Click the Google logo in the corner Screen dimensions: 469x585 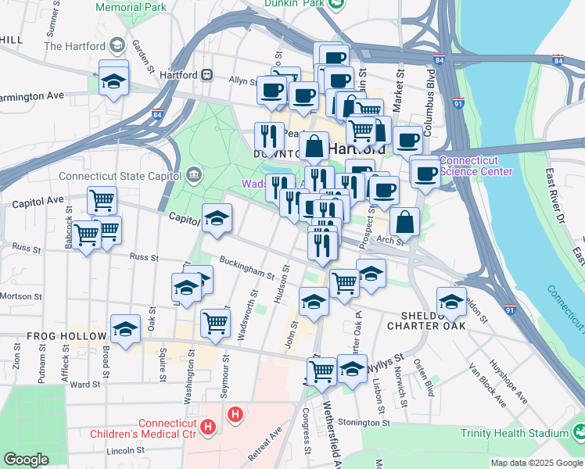[27, 460]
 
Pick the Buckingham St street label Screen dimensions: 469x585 [247, 268]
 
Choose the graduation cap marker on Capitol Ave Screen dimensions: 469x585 [217, 218]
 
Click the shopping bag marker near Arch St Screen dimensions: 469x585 [405, 222]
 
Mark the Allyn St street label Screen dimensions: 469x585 [242, 81]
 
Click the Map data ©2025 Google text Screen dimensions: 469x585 [537, 463]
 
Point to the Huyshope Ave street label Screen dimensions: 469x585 [508, 382]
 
